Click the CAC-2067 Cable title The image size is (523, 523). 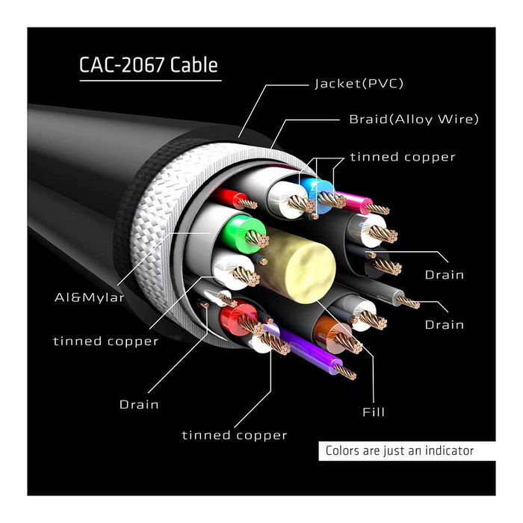(x=149, y=65)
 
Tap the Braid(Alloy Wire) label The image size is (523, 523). (x=414, y=119)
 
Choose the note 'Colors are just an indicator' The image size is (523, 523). (x=399, y=451)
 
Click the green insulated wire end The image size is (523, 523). (x=244, y=231)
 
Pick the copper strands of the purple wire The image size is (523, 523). (x=345, y=371)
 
